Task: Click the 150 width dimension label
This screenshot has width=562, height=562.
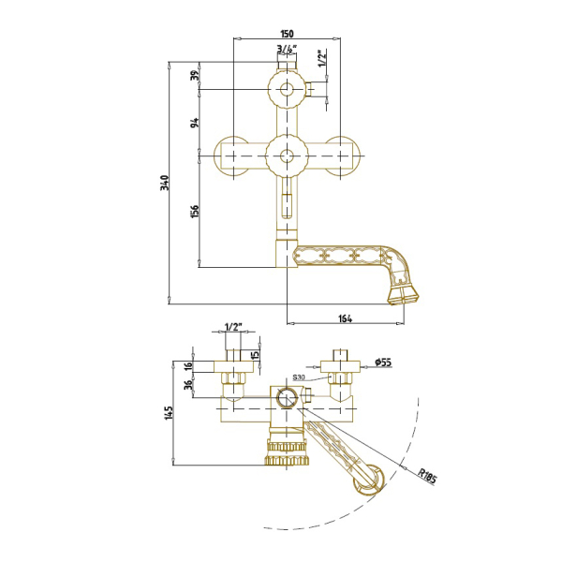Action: tap(287, 34)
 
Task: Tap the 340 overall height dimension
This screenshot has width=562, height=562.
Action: tap(165, 183)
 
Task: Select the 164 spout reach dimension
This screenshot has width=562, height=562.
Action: tap(345, 318)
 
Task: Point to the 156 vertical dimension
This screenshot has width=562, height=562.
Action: tap(195, 212)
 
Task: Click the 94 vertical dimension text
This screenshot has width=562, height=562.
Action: tap(195, 123)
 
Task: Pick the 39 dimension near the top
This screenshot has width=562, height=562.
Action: tap(195, 75)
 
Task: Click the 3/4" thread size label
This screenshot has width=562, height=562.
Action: tap(287, 49)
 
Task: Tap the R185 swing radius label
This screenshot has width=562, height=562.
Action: tap(427, 476)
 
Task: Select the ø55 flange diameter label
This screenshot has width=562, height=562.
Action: tap(383, 362)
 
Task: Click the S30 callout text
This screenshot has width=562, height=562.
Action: tap(299, 377)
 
